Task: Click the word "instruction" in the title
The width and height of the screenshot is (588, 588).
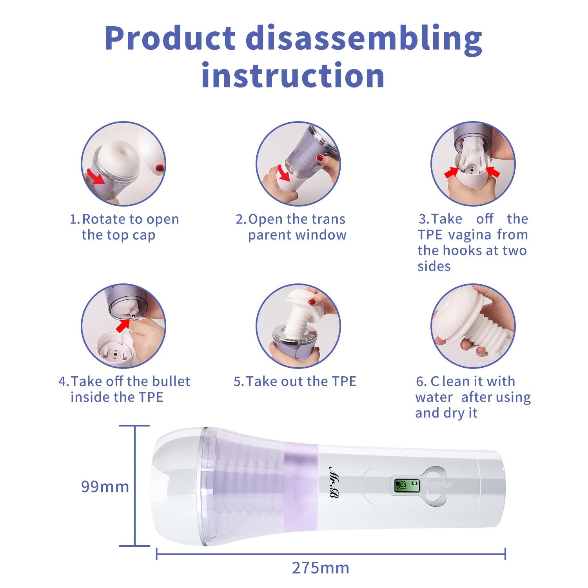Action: coord(293,75)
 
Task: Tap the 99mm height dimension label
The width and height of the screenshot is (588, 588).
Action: coord(105,486)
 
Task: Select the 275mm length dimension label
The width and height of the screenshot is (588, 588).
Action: coord(321,568)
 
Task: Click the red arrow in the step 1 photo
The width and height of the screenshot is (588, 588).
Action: coord(95,176)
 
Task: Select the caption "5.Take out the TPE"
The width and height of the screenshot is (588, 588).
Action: coord(295,381)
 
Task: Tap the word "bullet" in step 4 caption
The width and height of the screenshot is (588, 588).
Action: coord(171,381)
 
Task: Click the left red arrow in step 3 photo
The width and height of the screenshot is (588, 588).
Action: coord(451,172)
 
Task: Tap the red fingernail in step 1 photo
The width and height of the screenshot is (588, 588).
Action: coord(160,167)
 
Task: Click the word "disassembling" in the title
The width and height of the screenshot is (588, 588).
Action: coord(364,39)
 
